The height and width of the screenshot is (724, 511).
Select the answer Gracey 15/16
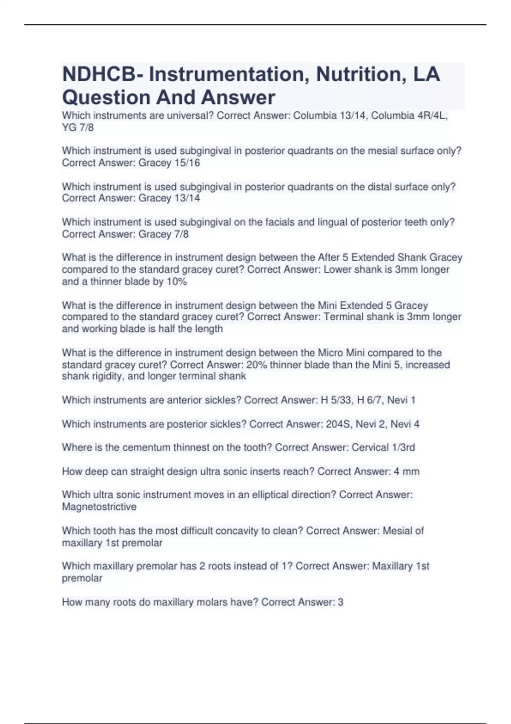tap(169, 163)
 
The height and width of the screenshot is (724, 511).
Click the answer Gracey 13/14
tap(169, 198)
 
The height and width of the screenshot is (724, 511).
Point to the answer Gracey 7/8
tap(164, 234)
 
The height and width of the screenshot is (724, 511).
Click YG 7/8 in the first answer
tap(78, 127)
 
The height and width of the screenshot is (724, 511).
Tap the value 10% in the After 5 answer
tap(177, 282)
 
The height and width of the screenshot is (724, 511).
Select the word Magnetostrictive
tap(99, 507)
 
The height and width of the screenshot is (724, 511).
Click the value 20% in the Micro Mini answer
tap(256, 365)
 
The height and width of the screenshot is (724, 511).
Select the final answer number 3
tap(340, 602)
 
